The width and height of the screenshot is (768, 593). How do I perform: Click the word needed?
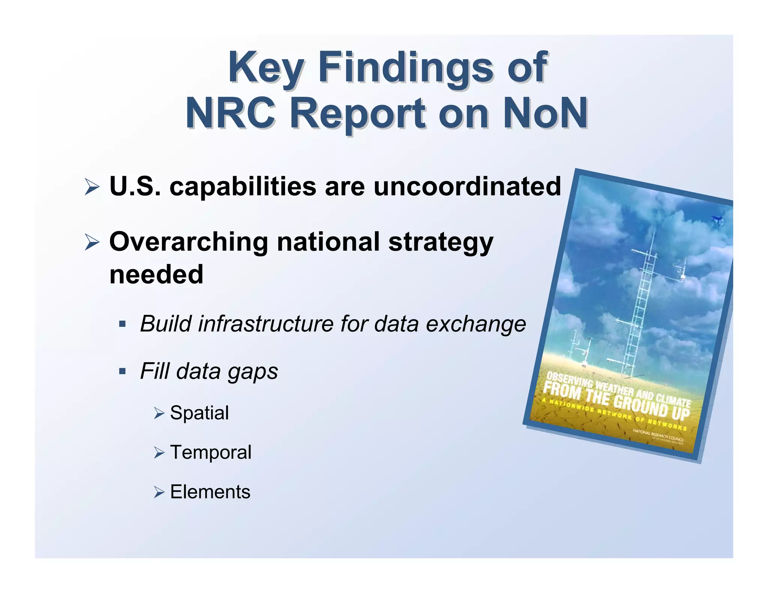click(156, 274)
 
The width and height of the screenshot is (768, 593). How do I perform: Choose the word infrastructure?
click(265, 323)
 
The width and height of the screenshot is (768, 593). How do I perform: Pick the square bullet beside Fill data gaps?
click(122, 371)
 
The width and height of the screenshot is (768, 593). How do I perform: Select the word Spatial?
click(199, 413)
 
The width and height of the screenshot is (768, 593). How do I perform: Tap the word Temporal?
click(210, 452)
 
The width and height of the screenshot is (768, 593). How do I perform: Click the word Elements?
click(210, 492)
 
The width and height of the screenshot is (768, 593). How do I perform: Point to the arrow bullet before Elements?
click(159, 492)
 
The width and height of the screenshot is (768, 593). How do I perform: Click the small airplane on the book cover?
click(717, 220)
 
